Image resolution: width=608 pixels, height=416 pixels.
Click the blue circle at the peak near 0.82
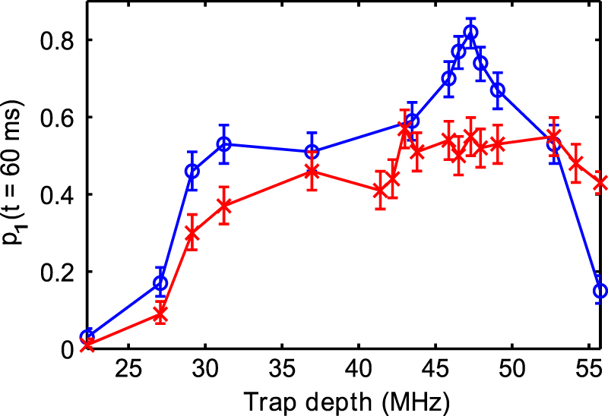(470, 33)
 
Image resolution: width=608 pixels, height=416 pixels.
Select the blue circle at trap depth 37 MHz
(311, 152)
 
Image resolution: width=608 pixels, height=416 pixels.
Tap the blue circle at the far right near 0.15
(600, 291)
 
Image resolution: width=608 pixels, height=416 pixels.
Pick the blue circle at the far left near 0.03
(87, 337)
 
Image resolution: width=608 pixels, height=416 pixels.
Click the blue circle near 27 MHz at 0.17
(160, 283)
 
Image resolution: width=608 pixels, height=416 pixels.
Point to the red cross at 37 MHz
(311, 172)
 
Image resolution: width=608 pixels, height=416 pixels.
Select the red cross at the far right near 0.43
(600, 183)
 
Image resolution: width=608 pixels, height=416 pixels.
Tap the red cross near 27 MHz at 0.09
(160, 314)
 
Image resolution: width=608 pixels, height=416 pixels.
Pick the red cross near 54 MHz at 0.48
(576, 163)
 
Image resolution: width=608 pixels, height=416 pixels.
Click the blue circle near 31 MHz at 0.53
(224, 144)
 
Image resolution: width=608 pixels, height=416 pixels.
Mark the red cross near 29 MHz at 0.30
(192, 233)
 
